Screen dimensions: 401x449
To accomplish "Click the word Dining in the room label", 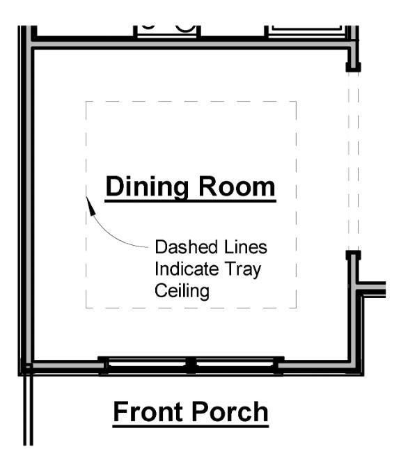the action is coord(147,187).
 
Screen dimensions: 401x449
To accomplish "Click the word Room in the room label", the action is coord(237,187).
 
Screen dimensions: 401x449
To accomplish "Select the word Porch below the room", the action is coord(230,411).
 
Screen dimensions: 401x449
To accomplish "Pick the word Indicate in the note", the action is coord(187,269).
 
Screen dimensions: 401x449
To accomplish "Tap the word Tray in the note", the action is coord(243,269).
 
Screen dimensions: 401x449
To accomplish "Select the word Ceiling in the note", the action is coord(182,292).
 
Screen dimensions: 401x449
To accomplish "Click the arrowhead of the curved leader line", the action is coord(91,205).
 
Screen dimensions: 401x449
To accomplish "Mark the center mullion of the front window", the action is coord(191,365).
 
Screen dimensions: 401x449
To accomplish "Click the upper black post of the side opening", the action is coord(353,67).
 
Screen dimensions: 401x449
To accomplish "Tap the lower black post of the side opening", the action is coord(353,255).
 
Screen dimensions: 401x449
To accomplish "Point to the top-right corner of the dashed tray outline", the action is coord(296,102).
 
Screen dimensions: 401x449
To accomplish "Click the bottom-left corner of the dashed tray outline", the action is coord(86,308).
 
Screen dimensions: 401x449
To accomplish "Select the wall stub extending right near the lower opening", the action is coord(372,289).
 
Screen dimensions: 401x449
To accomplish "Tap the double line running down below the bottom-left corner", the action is coord(28,409).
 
